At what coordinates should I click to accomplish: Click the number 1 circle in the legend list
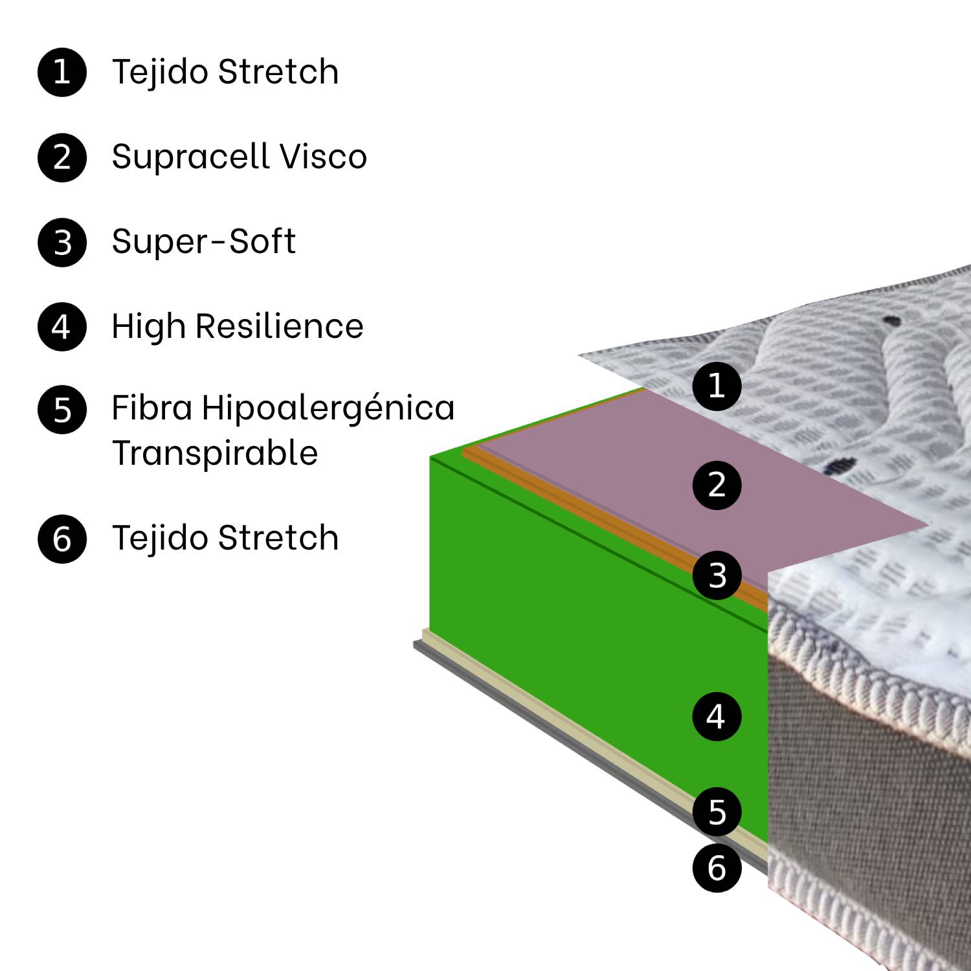pos(62,72)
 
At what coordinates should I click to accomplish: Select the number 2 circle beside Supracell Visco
pos(62,157)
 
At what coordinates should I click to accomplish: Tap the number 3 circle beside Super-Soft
pos(62,243)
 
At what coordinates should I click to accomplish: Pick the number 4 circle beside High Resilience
pos(62,327)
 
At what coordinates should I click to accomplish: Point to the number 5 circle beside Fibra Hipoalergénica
pos(62,410)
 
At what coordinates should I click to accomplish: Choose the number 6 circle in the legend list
pos(62,539)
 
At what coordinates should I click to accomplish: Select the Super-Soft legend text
pos(203,242)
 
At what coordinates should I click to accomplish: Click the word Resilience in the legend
pos(279,326)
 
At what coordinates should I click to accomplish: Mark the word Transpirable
pos(215,453)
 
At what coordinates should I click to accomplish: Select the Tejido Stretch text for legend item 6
pos(225,538)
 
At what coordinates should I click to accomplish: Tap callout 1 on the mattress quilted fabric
pos(717,386)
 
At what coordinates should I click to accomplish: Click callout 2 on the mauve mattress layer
pos(717,485)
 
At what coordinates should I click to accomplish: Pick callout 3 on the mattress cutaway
pos(717,575)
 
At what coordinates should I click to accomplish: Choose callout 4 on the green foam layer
pos(717,717)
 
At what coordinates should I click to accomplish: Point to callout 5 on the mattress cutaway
pos(717,812)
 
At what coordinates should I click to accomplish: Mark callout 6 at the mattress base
pos(717,868)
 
